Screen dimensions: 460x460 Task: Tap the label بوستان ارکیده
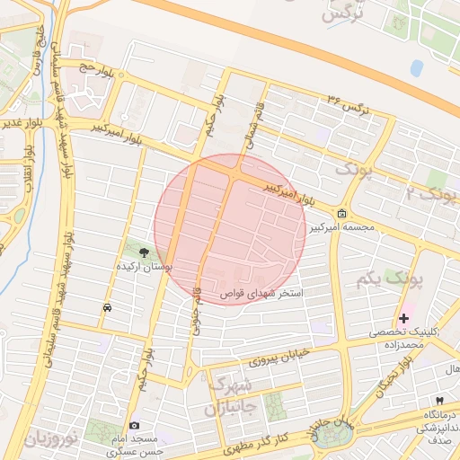pyautogui.click(x=144, y=268)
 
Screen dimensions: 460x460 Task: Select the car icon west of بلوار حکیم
pyautogui.click(x=108, y=307)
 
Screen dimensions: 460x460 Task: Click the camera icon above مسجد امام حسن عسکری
pyautogui.click(x=135, y=425)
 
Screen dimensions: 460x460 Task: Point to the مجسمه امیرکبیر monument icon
pyautogui.click(x=342, y=214)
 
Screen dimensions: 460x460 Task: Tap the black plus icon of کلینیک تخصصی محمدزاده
pyautogui.click(x=403, y=318)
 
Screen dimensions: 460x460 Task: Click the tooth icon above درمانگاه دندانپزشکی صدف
pyautogui.click(x=439, y=400)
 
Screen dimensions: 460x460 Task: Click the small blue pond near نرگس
pyautogui.click(x=417, y=68)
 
